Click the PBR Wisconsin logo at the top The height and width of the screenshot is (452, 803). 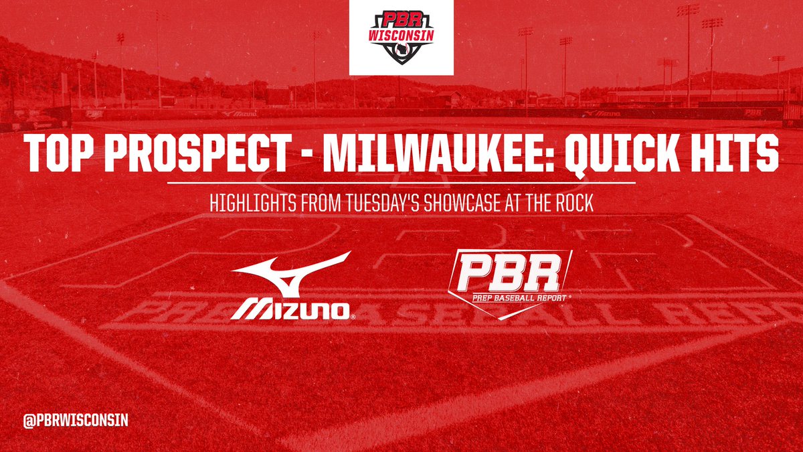coord(401,37)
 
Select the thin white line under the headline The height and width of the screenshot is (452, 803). coord(401,182)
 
